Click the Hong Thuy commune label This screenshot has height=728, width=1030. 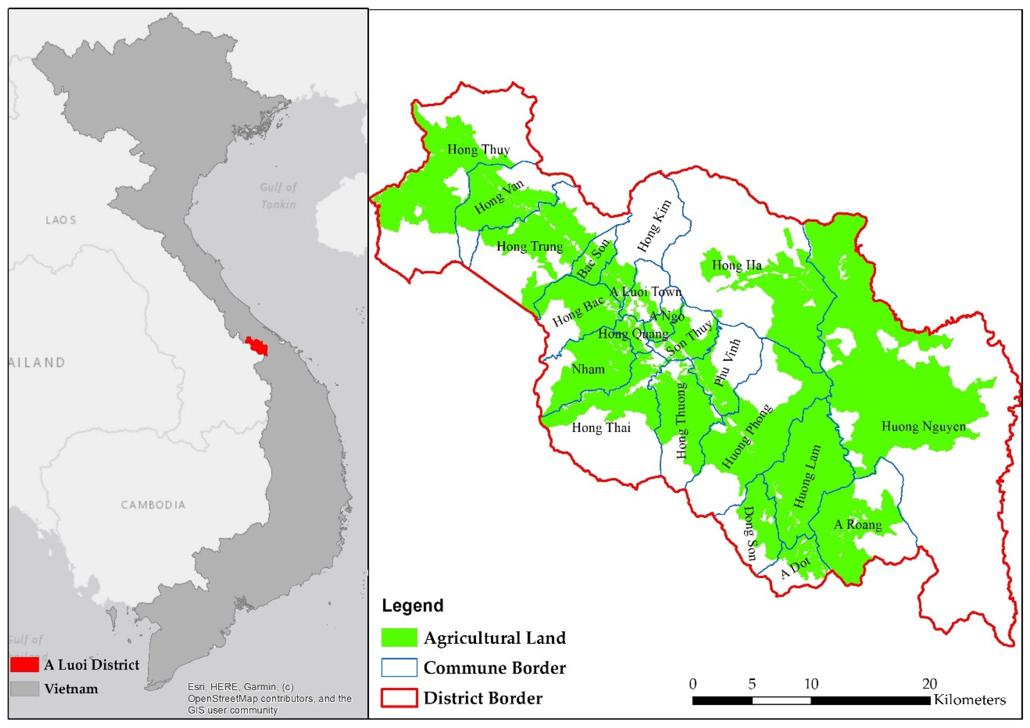pyautogui.click(x=478, y=150)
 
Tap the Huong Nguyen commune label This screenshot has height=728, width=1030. pyautogui.click(x=923, y=427)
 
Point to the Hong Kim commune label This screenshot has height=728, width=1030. pyautogui.click(x=655, y=226)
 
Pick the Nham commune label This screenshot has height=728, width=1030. pyautogui.click(x=588, y=370)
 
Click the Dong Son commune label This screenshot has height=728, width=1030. pyautogui.click(x=750, y=534)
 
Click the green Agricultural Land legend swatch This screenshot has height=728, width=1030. pyautogui.click(x=399, y=637)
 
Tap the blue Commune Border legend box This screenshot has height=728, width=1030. pyautogui.click(x=399, y=668)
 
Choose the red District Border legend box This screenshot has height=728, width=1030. pyautogui.click(x=399, y=698)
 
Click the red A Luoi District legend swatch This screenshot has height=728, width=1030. pyautogui.click(x=25, y=664)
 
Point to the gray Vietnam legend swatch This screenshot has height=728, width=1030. pyautogui.click(x=25, y=688)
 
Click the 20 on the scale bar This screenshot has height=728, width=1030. pyautogui.click(x=929, y=684)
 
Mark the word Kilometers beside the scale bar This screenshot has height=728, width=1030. pyautogui.click(x=970, y=700)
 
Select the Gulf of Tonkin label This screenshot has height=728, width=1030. pyautogui.click(x=278, y=196)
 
